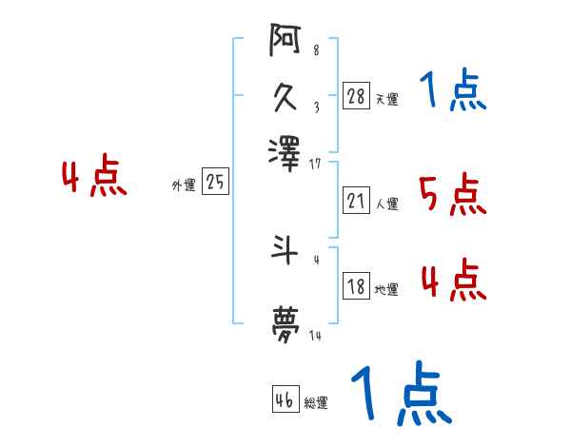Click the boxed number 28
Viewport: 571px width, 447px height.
click(x=356, y=96)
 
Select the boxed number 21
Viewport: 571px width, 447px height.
click(x=356, y=201)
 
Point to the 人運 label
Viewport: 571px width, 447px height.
click(x=387, y=204)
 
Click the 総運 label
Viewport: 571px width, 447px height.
click(x=316, y=402)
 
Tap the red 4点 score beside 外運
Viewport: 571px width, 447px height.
click(x=94, y=178)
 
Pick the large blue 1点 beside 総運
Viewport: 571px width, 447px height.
click(x=400, y=396)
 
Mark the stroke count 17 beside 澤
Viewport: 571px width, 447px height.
click(x=316, y=164)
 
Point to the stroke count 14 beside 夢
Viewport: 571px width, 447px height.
click(x=316, y=337)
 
